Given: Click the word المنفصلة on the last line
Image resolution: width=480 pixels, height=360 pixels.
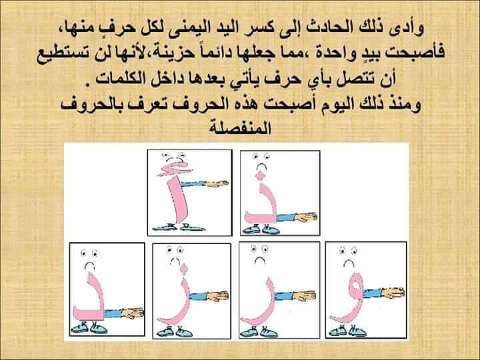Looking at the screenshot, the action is point(240,129).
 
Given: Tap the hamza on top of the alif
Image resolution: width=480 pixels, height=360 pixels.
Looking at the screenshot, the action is point(173,169).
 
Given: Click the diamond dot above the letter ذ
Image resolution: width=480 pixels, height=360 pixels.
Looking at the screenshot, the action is point(260,176).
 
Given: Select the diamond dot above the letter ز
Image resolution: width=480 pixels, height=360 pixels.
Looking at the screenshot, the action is point(184,269).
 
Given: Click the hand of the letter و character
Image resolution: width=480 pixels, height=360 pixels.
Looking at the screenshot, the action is point(393,293).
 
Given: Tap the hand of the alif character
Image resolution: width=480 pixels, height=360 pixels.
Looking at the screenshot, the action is point(216,184).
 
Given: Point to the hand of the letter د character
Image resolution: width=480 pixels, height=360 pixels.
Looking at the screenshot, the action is point(133,313).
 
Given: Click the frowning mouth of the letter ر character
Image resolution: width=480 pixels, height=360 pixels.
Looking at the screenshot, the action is point(260,260).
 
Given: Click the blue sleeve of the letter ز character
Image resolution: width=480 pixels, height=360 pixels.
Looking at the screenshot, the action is point(199,296).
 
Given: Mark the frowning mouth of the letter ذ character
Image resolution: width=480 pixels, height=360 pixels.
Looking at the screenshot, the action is point(261,167).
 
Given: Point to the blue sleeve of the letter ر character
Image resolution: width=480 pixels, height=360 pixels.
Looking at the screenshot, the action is point(285,296).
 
